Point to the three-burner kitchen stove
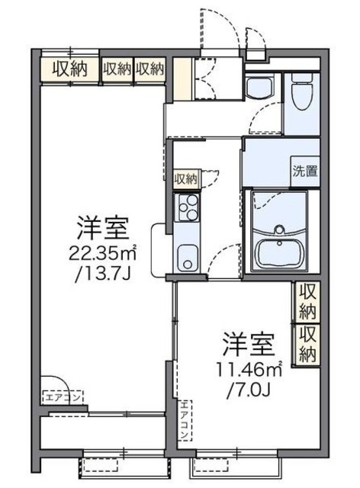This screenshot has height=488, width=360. [187, 206]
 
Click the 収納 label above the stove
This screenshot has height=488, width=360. [185, 179]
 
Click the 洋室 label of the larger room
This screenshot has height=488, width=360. [101, 227]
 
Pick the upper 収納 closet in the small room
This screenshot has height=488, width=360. [308, 302]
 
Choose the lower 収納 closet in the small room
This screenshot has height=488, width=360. [308, 343]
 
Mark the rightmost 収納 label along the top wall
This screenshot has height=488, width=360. [150, 69]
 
